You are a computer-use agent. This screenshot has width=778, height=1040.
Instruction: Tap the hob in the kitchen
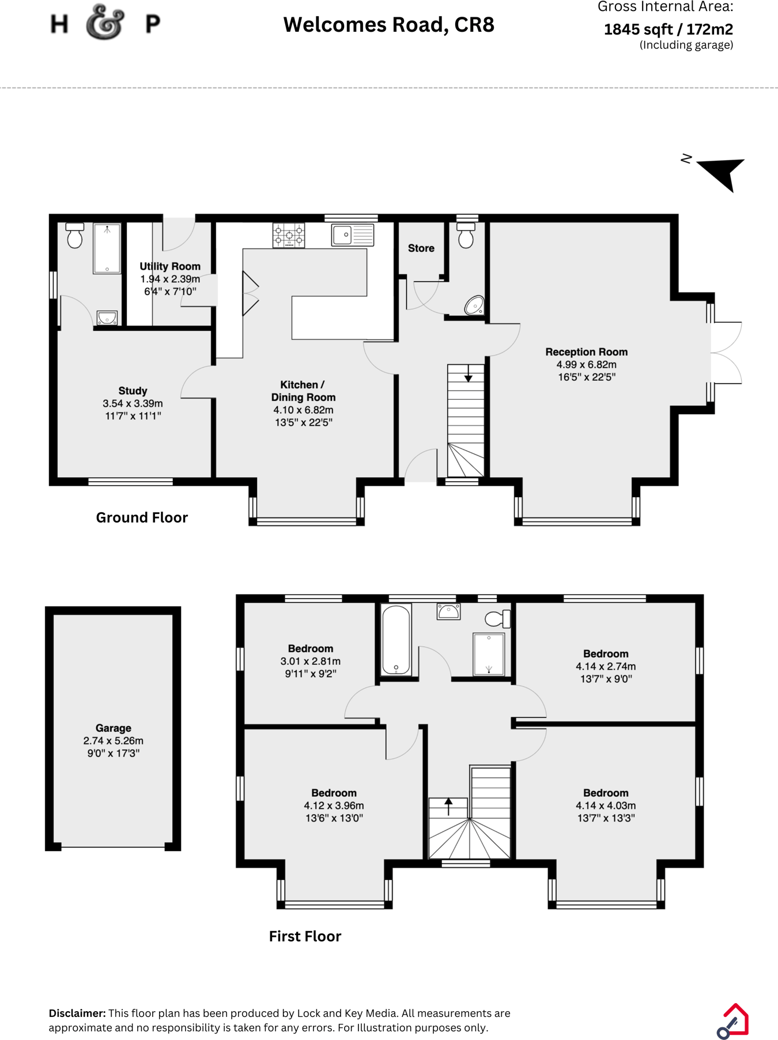click(289, 235)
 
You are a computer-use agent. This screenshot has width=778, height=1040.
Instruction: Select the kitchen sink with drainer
click(353, 235)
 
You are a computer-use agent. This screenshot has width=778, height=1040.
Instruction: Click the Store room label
click(421, 248)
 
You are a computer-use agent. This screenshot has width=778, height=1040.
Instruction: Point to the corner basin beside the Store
click(474, 305)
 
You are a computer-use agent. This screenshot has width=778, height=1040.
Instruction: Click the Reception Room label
click(586, 352)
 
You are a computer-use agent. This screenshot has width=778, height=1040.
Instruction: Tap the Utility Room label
click(170, 266)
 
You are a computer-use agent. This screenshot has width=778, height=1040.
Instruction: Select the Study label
click(133, 391)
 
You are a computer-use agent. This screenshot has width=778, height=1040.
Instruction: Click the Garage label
click(114, 728)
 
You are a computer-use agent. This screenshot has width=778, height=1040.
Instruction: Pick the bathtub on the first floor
click(396, 639)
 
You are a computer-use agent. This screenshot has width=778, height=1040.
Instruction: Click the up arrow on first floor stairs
click(448, 804)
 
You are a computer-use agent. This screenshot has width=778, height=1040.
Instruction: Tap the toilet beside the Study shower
click(75, 236)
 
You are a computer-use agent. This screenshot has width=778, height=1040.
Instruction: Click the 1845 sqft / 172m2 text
click(668, 29)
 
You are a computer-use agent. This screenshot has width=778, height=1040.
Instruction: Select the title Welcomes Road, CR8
click(388, 25)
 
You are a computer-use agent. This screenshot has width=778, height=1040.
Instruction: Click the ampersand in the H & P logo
click(105, 23)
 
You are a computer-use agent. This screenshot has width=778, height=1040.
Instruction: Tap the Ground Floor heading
click(142, 517)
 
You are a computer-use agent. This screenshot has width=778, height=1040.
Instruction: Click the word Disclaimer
click(77, 1013)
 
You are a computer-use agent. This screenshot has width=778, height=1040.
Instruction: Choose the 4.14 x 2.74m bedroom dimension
click(606, 666)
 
